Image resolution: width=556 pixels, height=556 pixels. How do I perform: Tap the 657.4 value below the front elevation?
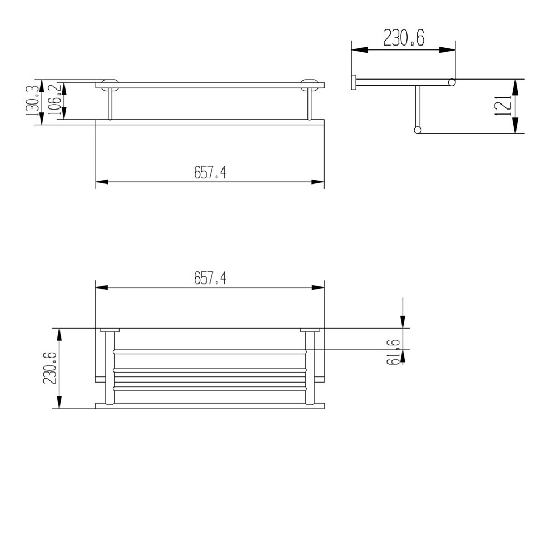coord(210,173)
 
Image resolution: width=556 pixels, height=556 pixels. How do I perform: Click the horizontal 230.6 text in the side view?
coord(404,38)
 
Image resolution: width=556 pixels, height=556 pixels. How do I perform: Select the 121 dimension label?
coord(502,106)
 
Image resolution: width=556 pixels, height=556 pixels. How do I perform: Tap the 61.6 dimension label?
coord(395,351)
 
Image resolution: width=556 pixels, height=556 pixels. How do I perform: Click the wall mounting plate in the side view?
coord(353,82)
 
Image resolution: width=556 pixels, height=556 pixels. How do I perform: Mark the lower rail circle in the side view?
coord(417,131)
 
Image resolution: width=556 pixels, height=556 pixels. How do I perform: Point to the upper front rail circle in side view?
coord(452,82)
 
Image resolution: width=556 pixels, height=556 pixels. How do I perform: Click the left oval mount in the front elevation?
coord(109,85)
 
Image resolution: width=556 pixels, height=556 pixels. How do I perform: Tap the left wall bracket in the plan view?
coord(109,331)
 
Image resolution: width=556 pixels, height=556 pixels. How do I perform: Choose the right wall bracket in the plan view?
coord(310,331)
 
